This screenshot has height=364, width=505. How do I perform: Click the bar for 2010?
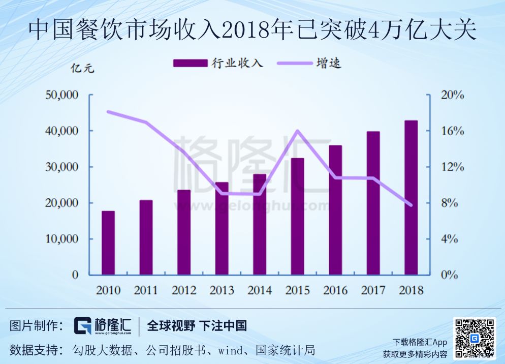tap(108, 243)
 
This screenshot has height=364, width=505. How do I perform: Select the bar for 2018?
tap(411, 198)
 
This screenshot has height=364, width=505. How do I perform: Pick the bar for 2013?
tap(222, 228)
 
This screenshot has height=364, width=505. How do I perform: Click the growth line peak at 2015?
tap(298, 131)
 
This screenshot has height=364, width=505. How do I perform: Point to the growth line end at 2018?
tap(411, 205)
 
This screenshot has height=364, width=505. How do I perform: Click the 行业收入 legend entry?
tap(218, 63)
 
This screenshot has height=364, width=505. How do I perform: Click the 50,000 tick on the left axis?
tap(60, 95)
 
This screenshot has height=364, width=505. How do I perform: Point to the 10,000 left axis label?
tap(60, 239)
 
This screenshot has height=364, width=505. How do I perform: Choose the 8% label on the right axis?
tap(449, 203)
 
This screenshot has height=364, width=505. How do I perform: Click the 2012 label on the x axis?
tap(184, 290)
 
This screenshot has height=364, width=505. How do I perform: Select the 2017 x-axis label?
tap(373, 290)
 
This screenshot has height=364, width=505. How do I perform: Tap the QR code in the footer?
tap(474, 339)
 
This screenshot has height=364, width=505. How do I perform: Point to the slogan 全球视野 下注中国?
tap(197, 326)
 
